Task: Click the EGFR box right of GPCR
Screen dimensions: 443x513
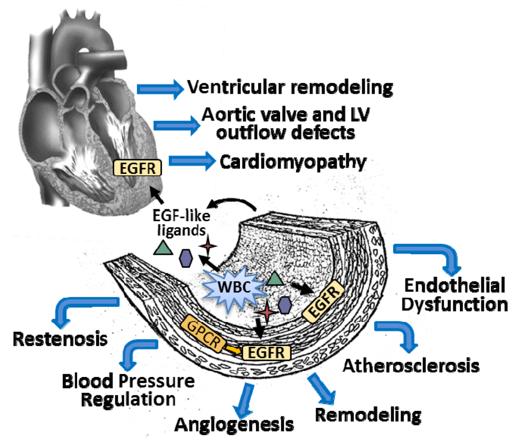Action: point(266,351)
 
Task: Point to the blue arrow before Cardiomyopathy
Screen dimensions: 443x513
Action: point(191,161)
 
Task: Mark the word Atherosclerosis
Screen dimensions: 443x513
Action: point(411,365)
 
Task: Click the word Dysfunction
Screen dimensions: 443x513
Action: point(455,304)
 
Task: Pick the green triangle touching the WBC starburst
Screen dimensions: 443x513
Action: point(274,279)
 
